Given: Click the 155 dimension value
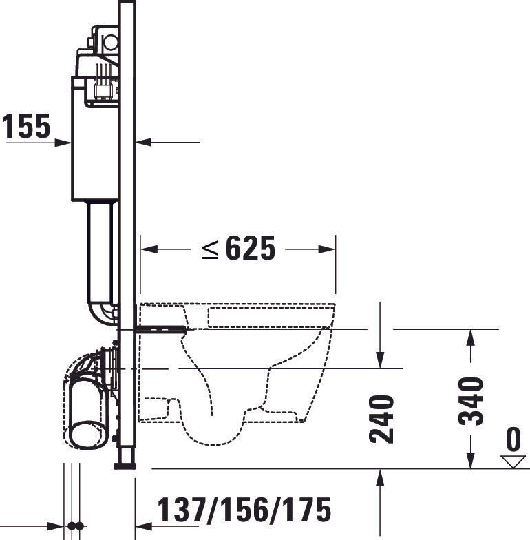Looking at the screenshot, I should tap(26, 127).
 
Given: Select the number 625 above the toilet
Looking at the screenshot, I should tap(251, 249).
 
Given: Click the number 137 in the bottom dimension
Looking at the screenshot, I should tap(182, 510).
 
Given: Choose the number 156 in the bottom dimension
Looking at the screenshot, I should tap(244, 510).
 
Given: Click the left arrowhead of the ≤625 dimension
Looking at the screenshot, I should tap(146, 249).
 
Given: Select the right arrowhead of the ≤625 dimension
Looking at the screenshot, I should tap(330, 249).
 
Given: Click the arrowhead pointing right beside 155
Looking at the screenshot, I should tap(65, 143).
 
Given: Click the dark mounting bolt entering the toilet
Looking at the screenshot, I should tap(162, 330).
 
